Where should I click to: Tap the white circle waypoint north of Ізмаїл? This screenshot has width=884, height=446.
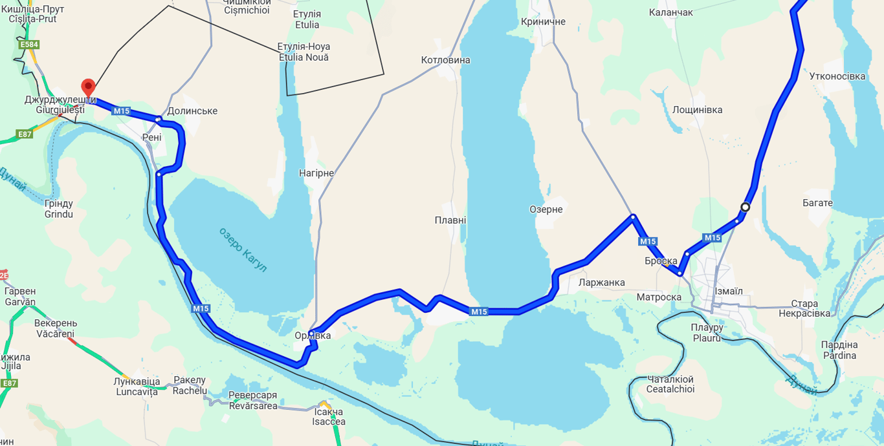pos(745,207)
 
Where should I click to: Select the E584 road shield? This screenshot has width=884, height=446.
pos(28,45)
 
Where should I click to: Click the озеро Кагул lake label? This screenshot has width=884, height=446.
pos(243,250)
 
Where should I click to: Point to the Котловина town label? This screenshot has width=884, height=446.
pos(445,60)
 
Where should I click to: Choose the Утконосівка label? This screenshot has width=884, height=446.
pos(837,76)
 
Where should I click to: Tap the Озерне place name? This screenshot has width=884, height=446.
pos(546,209)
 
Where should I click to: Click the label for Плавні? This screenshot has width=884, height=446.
pos(450,220)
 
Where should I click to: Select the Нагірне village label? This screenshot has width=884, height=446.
pos(316,173)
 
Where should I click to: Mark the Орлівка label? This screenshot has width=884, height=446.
pos(313,335)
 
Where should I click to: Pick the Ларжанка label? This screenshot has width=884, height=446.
pos(601,282)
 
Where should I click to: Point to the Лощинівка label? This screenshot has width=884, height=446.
pos(697,110)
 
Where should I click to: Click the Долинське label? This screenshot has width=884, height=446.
pos(192,111)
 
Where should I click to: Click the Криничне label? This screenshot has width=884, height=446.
pos(543,22)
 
